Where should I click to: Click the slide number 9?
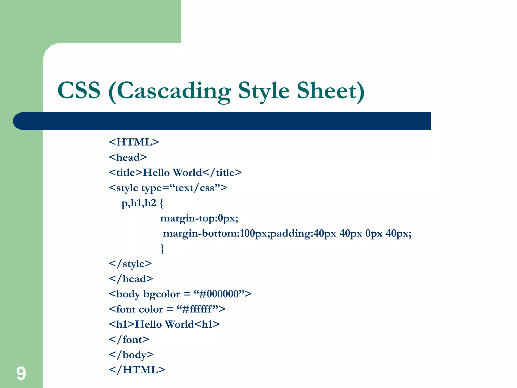click(21, 373)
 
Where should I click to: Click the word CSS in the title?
click(79, 90)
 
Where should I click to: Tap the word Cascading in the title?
click(174, 91)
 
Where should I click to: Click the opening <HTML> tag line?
click(134, 142)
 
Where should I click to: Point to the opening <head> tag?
click(128, 157)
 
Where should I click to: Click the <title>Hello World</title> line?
click(175, 173)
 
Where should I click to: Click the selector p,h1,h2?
click(139, 203)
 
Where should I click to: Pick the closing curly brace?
click(162, 249)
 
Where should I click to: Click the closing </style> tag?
click(130, 264)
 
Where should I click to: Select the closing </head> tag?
click(131, 279)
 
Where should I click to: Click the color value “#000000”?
click(219, 294)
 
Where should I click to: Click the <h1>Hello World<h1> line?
click(164, 324)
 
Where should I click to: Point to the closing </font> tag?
click(129, 339)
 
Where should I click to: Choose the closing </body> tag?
click(131, 355)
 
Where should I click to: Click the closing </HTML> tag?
click(137, 370)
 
